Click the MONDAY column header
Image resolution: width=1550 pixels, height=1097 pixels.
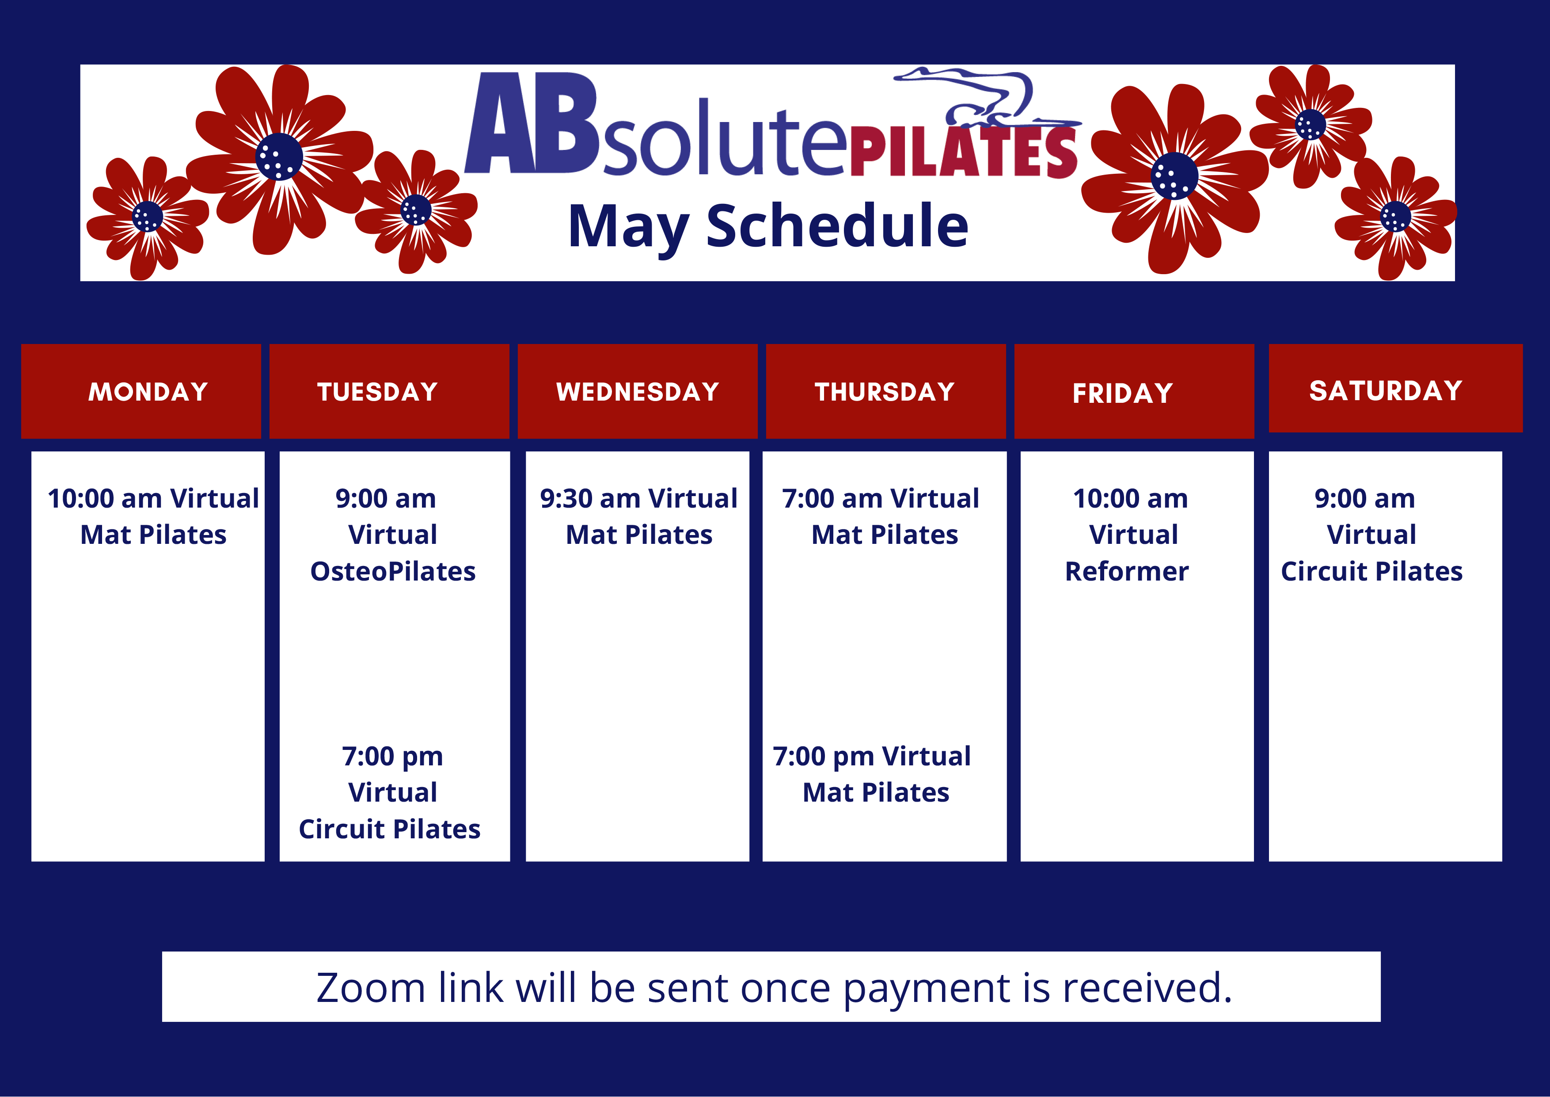click(148, 392)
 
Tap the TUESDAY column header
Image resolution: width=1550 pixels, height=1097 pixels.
click(377, 392)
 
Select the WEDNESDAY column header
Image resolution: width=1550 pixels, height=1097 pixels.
click(637, 392)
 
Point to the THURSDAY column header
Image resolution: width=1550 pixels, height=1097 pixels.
click(885, 392)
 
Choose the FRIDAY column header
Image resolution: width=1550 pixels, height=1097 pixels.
click(1123, 393)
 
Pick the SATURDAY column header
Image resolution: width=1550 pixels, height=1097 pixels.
click(1386, 390)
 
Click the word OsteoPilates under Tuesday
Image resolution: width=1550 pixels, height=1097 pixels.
click(393, 571)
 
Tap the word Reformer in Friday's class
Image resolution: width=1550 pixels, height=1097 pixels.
click(1127, 571)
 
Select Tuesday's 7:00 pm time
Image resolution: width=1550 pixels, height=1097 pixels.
click(392, 757)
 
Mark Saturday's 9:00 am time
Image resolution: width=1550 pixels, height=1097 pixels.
click(1364, 498)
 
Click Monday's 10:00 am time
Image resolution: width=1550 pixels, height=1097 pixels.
click(105, 498)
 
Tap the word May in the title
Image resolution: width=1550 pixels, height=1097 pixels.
click(628, 227)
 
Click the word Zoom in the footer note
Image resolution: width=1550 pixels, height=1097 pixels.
click(371, 988)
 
